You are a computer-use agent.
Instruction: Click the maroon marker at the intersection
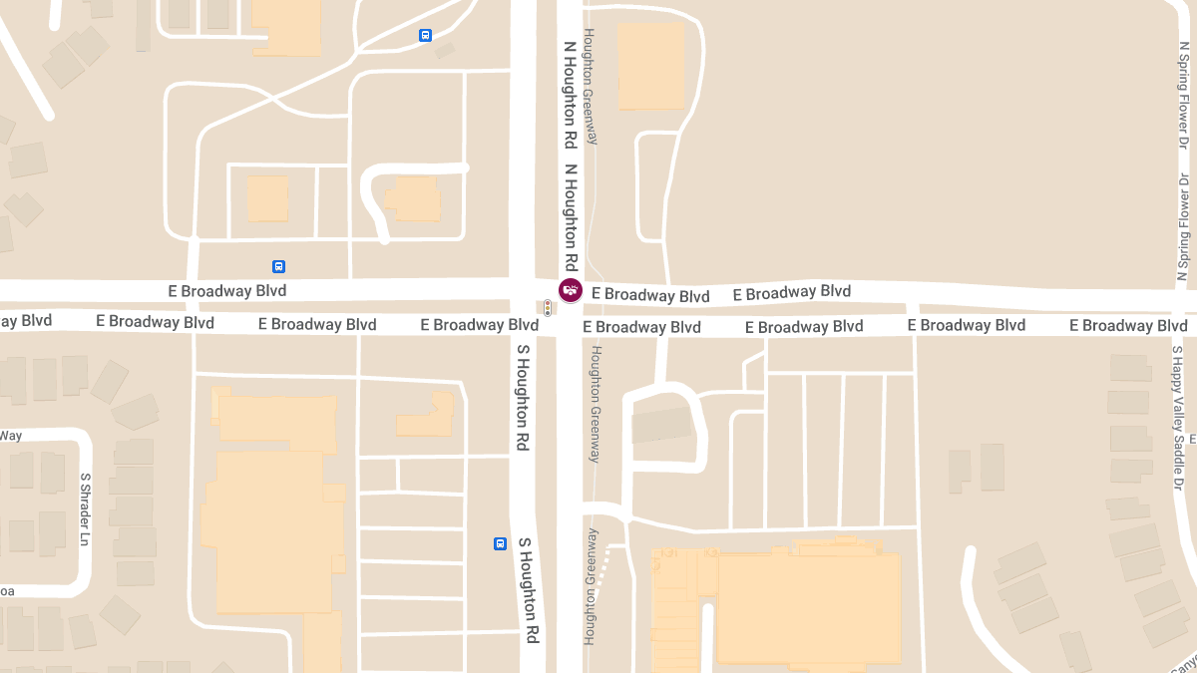(x=570, y=290)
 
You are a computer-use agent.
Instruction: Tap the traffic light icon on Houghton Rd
(x=547, y=309)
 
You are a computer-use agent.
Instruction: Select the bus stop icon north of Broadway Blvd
(x=278, y=266)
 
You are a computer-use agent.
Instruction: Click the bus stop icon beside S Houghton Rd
(x=500, y=543)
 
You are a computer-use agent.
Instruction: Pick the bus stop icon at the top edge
(x=426, y=35)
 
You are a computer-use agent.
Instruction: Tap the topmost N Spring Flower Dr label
(x=1183, y=99)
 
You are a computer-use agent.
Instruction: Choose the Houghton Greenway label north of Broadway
(x=590, y=87)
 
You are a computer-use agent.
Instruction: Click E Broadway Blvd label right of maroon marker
(x=650, y=295)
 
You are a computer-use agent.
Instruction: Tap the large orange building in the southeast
(x=808, y=606)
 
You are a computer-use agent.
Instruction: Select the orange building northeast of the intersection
(x=650, y=65)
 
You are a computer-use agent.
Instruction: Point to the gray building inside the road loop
(x=662, y=426)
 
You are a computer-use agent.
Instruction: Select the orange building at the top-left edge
(x=286, y=26)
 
